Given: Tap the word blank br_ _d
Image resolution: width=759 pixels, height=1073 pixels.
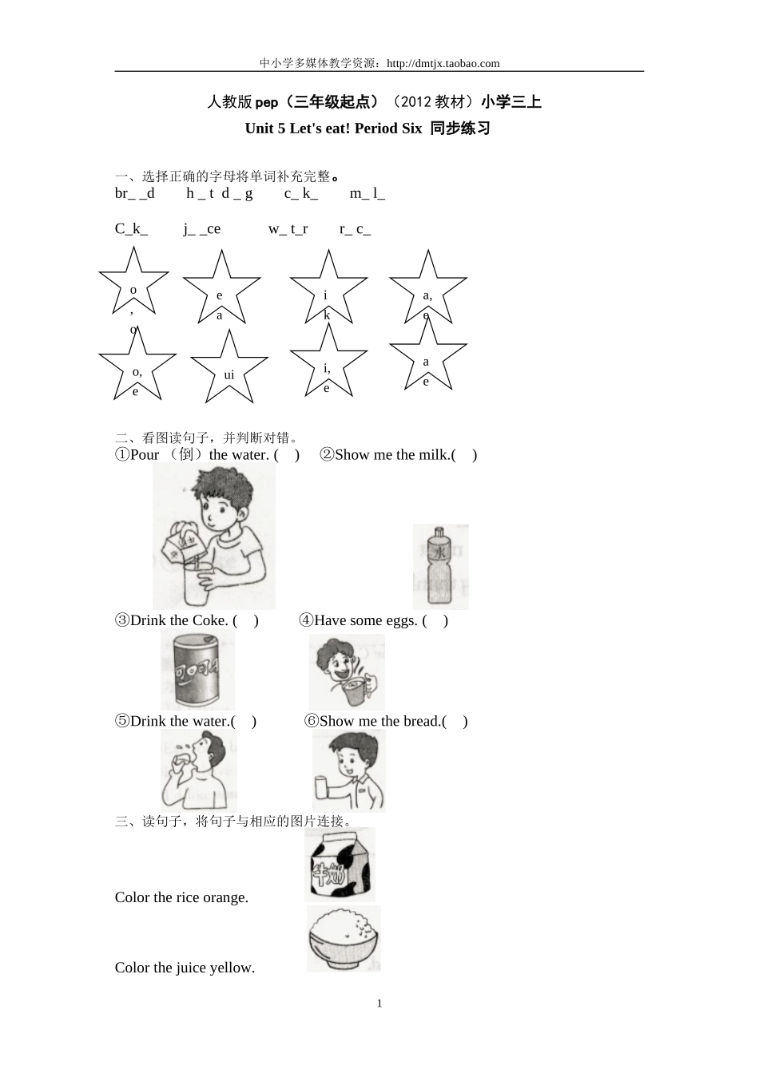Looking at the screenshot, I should point(135,193).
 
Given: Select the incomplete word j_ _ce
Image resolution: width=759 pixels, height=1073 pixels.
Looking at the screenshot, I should point(201,229).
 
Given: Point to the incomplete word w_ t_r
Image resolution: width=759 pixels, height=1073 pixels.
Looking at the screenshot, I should point(288,229).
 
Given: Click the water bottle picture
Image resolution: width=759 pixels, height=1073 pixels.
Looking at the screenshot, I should point(440,567).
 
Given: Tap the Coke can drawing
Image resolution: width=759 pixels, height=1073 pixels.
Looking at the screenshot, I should point(197,669).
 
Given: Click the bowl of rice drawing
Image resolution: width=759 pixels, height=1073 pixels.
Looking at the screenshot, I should point(344,939).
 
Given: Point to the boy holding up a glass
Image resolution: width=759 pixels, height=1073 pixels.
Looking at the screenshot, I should point(348,770).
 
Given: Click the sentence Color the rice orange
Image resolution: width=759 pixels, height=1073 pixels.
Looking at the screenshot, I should point(181,897).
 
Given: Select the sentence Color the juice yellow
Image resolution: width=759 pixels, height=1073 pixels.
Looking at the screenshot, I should point(185,968).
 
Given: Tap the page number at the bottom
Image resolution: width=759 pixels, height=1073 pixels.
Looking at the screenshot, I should point(379,1004).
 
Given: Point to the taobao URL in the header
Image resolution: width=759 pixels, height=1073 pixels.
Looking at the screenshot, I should point(443,64).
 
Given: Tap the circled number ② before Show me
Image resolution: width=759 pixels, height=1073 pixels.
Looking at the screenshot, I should point(326,455).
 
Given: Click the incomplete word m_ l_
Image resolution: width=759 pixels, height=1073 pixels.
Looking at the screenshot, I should point(368,193).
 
